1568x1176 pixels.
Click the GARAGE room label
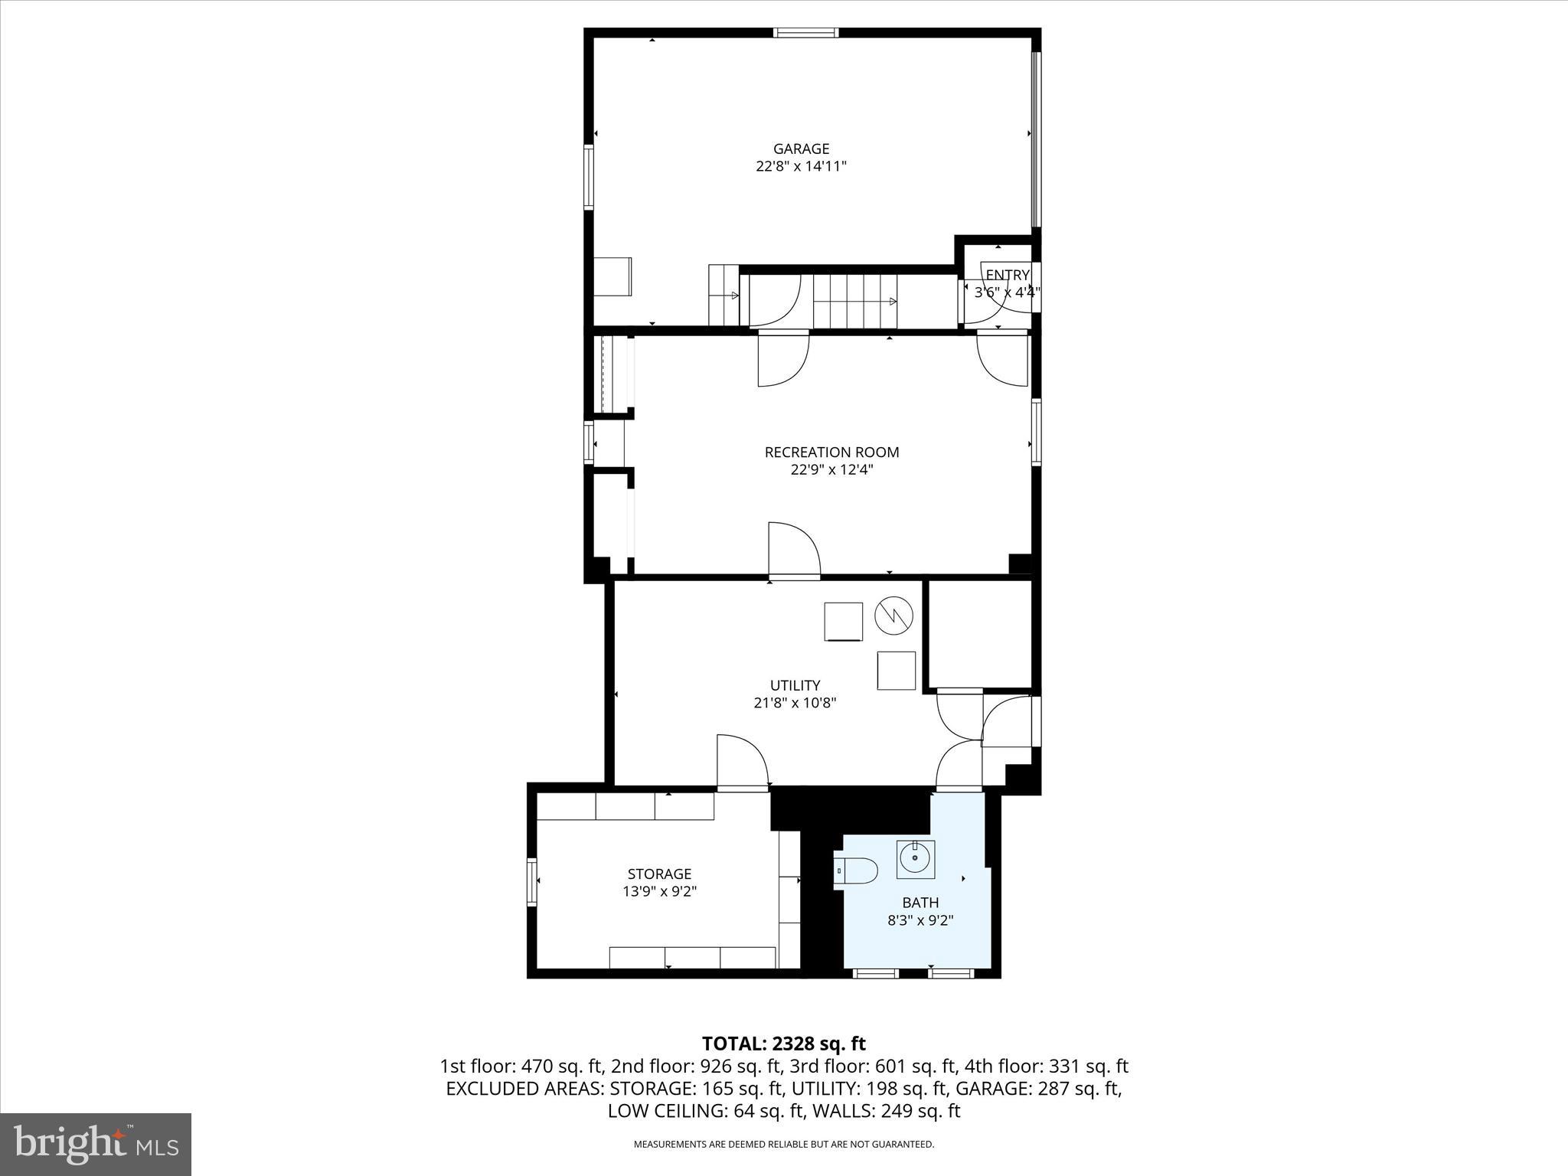801,149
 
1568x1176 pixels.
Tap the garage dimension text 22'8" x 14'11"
801,166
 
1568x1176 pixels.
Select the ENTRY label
1007,275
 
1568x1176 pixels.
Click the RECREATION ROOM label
831,452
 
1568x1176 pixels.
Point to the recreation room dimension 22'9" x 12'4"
831,469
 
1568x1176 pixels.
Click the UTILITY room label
795,685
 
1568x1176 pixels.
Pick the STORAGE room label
659,874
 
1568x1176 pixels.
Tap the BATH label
920,903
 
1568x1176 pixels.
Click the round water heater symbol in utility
894,615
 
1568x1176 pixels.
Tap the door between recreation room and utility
794,550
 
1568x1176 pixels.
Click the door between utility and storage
742,761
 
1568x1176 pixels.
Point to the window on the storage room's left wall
531,882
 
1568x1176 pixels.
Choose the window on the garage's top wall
805,32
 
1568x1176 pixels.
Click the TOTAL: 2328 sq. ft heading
783,1043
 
